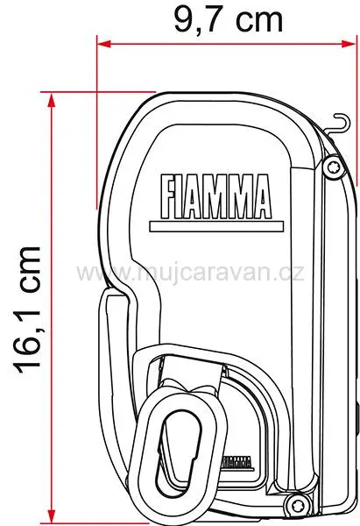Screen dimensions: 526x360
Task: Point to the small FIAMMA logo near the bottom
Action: click(235, 461)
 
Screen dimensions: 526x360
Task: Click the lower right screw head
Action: click(297, 502)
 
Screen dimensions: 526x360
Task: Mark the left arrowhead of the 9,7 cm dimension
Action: click(102, 42)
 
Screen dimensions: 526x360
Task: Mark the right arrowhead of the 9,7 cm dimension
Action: click(353, 42)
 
